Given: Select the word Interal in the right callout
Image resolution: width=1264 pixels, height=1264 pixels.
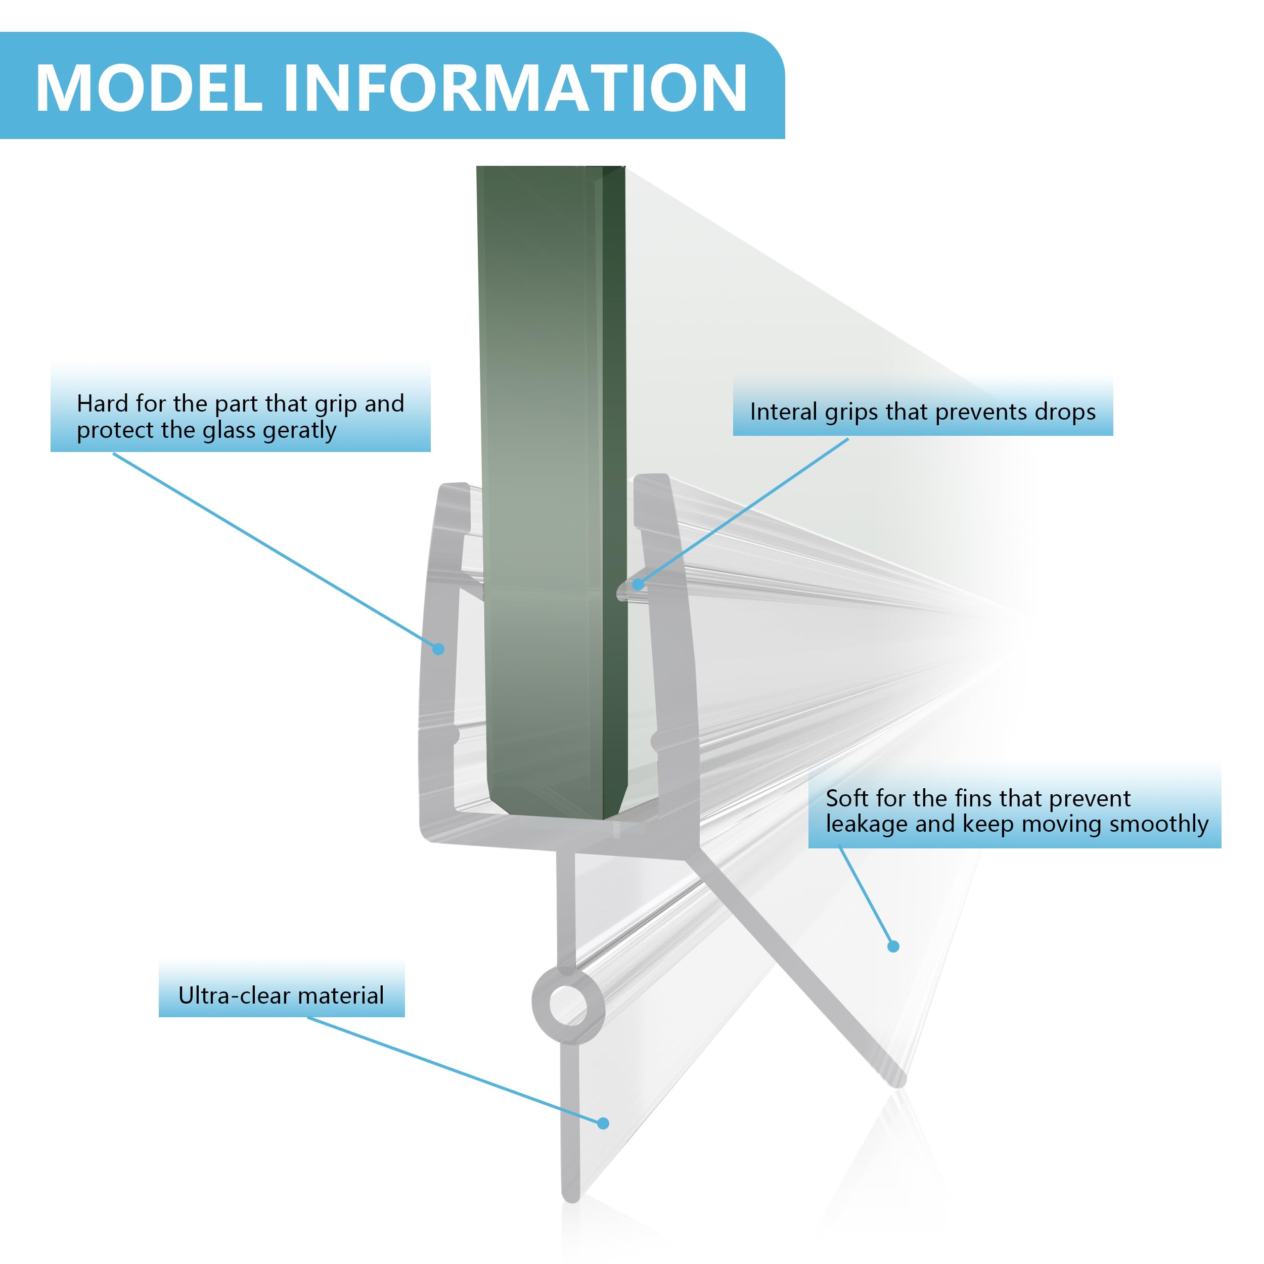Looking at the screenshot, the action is tap(783, 412).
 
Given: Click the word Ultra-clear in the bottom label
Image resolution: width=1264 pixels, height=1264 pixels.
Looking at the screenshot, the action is tap(234, 995).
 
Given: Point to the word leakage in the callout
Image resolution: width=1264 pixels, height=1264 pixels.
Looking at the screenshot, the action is tap(866, 824).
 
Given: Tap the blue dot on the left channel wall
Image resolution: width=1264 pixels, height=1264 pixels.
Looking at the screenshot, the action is tap(438, 649).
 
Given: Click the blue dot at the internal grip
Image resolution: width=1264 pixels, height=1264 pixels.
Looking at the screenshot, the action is tap(638, 584).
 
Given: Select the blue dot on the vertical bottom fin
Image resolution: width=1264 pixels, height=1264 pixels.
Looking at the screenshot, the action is tap(603, 1123).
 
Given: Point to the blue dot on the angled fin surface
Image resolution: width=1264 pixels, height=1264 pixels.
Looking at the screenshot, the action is tap(893, 946).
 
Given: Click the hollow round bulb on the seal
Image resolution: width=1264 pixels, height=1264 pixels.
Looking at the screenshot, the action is tap(567, 1005).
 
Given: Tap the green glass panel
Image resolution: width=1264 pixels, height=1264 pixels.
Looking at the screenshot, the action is tap(550, 458).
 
